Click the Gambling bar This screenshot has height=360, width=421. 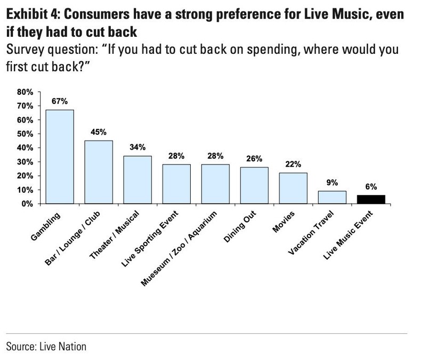60,157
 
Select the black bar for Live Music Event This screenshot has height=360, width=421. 371,199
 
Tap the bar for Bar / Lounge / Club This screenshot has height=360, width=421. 99,172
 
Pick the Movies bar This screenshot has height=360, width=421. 293,188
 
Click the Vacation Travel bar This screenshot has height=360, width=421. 332,197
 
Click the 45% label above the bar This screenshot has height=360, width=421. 99,132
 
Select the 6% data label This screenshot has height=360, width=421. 371,186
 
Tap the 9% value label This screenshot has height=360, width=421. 332,182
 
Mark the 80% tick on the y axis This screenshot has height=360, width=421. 25,92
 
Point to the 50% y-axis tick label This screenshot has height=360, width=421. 25,134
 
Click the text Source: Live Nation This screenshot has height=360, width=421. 46,346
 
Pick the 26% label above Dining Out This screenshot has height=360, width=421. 254,158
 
